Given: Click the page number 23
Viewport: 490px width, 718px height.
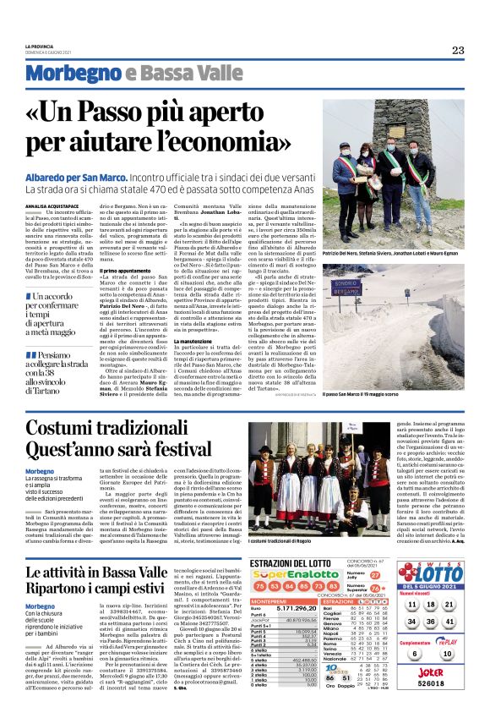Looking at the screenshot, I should click(x=458, y=50).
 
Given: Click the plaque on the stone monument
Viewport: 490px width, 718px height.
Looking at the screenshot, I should click(x=375, y=129).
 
